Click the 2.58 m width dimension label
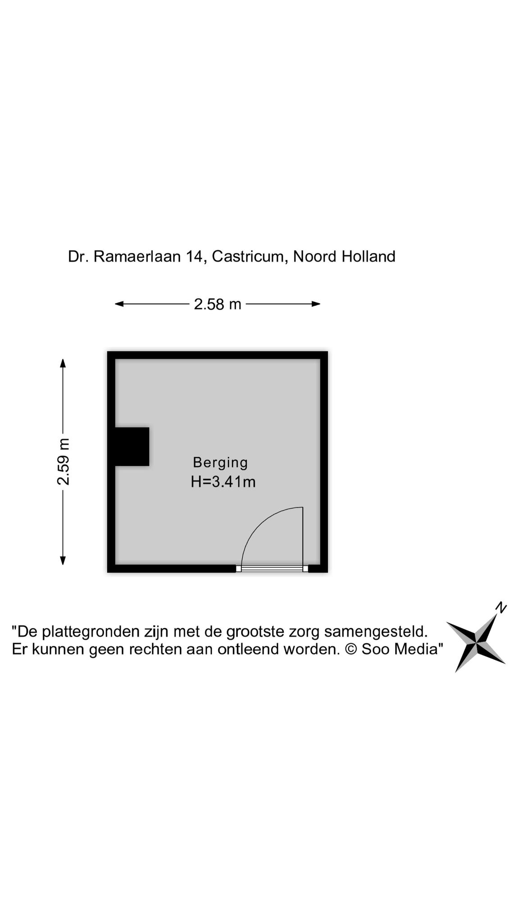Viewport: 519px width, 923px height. click(x=218, y=305)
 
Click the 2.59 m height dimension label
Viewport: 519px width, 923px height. click(x=64, y=461)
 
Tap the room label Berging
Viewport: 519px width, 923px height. click(x=220, y=463)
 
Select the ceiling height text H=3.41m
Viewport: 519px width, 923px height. click(x=223, y=482)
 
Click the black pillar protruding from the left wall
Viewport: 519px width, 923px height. click(x=132, y=447)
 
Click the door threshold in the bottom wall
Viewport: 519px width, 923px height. click(x=272, y=569)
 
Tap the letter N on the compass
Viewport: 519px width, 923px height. click(x=501, y=608)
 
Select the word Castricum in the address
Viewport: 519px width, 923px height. click(x=250, y=256)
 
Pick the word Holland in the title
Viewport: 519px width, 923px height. click(x=369, y=256)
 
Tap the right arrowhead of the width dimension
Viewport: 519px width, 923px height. click(x=316, y=304)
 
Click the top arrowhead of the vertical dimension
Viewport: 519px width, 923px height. click(x=63, y=363)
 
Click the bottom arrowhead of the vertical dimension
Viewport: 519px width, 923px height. click(x=63, y=560)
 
